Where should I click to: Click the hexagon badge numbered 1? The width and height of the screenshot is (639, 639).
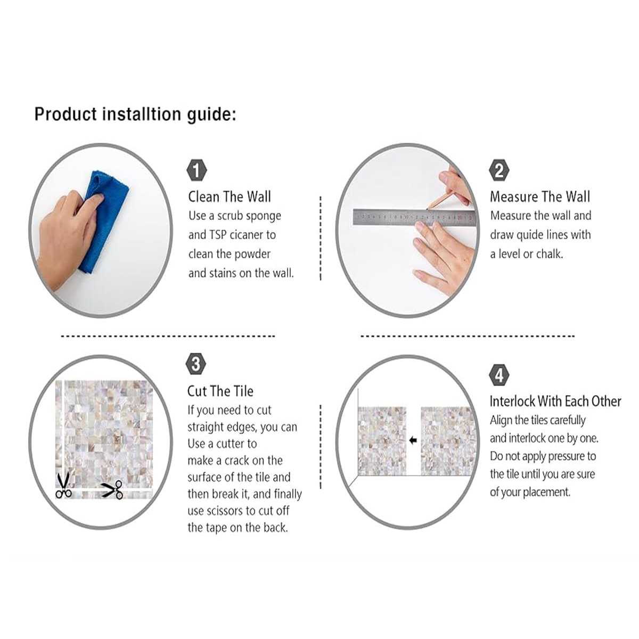pos(197,170)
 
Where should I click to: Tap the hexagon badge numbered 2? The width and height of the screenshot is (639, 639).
pos(499,170)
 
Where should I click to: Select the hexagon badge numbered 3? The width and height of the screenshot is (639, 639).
pos(196,364)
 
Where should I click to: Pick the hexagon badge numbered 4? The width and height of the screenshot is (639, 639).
pos(499,375)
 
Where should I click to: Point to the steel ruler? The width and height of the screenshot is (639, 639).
pos(414,217)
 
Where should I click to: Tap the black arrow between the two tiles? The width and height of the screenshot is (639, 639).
pos(413,440)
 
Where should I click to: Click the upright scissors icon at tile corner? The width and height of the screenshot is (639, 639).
pos(63,486)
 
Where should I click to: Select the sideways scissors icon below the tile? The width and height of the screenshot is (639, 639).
pos(112,489)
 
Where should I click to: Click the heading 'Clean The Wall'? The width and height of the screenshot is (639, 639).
pos(230,196)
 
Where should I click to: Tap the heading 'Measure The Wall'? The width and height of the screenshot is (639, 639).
pos(540,196)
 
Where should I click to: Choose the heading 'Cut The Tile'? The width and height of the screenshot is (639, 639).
pos(220,391)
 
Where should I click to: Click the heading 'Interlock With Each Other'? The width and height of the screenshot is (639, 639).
pos(555,402)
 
